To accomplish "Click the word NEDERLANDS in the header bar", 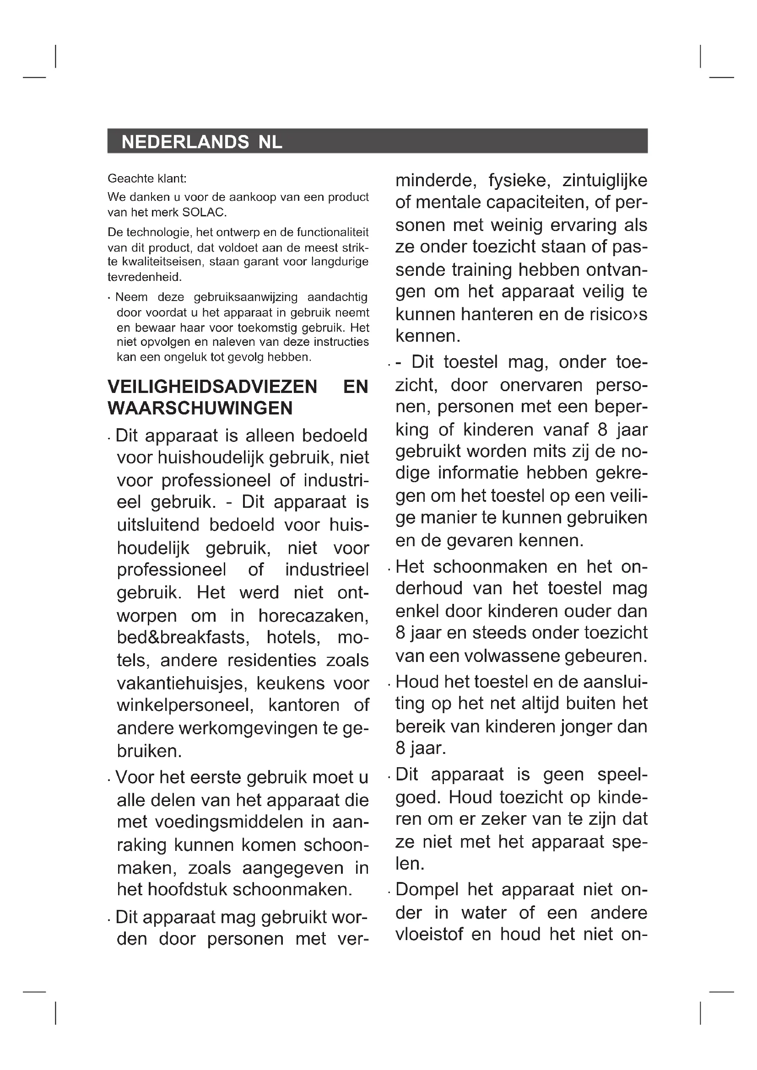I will tap(185, 142).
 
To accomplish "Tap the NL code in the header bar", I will tap(270, 142).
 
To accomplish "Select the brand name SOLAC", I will tap(204, 213).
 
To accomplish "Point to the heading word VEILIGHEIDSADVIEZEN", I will tap(212, 387).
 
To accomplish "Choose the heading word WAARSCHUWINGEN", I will tap(200, 408).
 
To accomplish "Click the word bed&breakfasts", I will tap(181, 638).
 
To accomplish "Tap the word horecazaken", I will tap(313, 616).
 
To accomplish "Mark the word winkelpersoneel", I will tap(185, 705).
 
